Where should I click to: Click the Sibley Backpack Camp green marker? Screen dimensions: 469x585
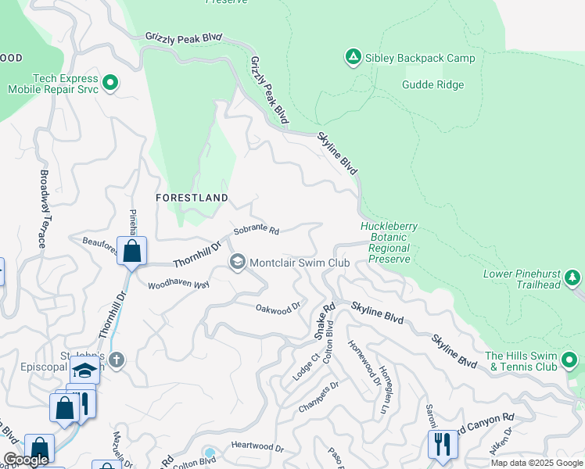(x=353, y=57)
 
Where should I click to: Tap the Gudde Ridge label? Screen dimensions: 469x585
(x=433, y=85)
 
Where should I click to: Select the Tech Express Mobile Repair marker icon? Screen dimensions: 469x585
(x=109, y=82)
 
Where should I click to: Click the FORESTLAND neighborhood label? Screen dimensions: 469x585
(x=192, y=198)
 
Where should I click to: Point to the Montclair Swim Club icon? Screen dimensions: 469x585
(x=238, y=262)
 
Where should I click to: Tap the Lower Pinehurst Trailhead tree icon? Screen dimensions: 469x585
(x=572, y=277)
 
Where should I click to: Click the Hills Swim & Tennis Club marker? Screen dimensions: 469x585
(x=570, y=360)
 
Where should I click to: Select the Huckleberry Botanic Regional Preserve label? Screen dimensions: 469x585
(x=389, y=242)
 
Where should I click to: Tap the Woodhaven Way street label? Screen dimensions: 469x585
(x=178, y=285)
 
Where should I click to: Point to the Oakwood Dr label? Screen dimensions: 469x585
(x=278, y=308)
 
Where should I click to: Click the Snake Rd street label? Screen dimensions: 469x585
(x=324, y=320)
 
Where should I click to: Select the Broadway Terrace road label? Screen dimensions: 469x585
(x=43, y=209)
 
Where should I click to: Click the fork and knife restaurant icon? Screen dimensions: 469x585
(x=443, y=444)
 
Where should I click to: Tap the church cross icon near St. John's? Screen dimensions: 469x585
(x=117, y=360)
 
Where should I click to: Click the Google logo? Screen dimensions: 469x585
(x=27, y=460)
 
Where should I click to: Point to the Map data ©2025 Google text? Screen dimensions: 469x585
(x=536, y=463)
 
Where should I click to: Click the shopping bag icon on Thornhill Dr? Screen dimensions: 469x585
(x=131, y=252)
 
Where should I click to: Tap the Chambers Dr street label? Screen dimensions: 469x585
(x=318, y=398)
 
